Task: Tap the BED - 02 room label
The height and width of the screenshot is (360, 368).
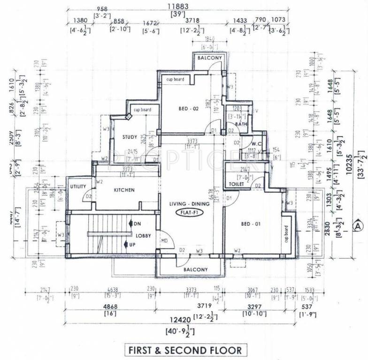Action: tap(189, 109)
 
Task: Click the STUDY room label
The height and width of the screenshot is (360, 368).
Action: tap(130, 137)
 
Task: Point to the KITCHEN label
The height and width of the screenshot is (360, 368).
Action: tap(124, 190)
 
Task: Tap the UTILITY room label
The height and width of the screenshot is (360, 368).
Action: tap(78, 187)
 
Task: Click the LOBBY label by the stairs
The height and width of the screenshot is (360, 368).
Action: tap(143, 236)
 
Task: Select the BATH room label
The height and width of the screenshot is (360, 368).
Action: tap(241, 124)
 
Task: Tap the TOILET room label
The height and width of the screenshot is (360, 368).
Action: tap(236, 185)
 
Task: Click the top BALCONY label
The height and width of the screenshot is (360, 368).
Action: tap(209, 58)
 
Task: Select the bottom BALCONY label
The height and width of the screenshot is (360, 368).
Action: tap(195, 270)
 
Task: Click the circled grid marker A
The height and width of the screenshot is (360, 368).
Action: tap(358, 225)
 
